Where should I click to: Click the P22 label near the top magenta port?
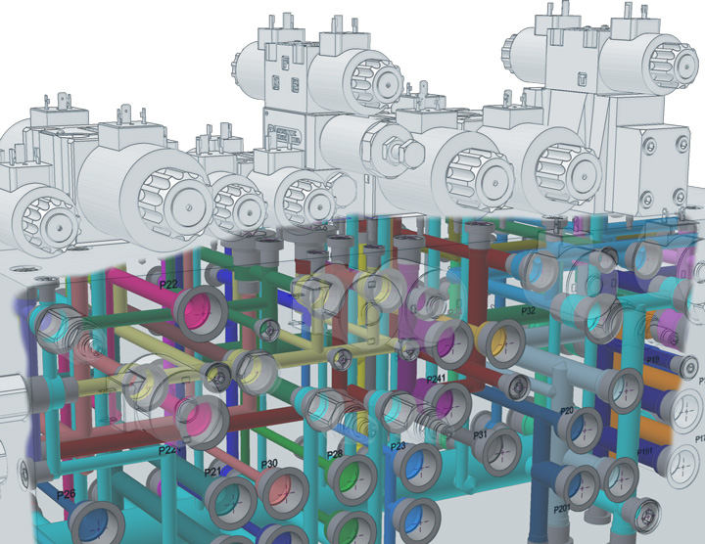tap(167, 285)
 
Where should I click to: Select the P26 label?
tap(67, 495)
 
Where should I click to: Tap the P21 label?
tap(212, 473)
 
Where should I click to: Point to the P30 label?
tap(271, 463)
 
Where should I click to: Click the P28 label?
tap(334, 454)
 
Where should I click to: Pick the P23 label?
tap(398, 446)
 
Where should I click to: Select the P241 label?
tap(437, 379)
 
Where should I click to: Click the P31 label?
tap(481, 433)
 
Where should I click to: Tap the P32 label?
tap(528, 310)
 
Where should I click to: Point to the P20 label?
tap(566, 411)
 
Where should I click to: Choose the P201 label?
tap(561, 508)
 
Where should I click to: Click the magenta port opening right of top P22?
tap(201, 313)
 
